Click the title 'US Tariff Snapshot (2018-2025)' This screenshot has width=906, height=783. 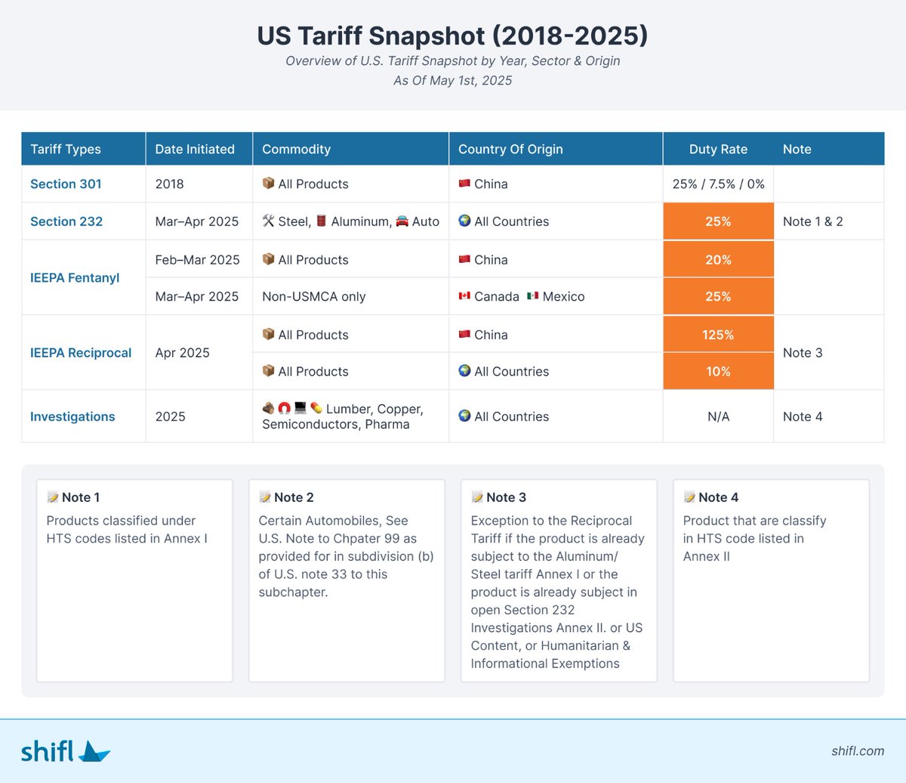click(452, 36)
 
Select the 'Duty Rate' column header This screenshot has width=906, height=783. click(718, 149)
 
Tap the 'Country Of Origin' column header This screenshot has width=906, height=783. click(510, 149)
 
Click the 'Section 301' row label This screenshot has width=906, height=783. click(66, 184)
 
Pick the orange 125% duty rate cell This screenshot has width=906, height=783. click(718, 334)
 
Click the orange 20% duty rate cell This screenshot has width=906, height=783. click(718, 259)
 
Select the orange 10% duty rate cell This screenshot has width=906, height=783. click(718, 371)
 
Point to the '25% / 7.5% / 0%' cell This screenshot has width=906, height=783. click(718, 184)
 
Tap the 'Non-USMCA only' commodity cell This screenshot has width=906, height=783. click(313, 296)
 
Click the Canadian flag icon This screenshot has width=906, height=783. click(464, 296)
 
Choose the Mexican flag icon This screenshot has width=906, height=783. click(532, 296)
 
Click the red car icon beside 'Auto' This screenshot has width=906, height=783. click(402, 221)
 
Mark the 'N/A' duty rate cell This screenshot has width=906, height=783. click(718, 416)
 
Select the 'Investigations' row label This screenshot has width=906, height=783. click(72, 416)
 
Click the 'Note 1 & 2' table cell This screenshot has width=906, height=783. click(812, 221)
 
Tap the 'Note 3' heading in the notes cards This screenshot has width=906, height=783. click(506, 497)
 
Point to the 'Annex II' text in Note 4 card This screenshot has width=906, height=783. click(706, 556)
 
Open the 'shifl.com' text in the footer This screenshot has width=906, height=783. click(858, 751)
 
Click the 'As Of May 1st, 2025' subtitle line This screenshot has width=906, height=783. click(452, 80)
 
